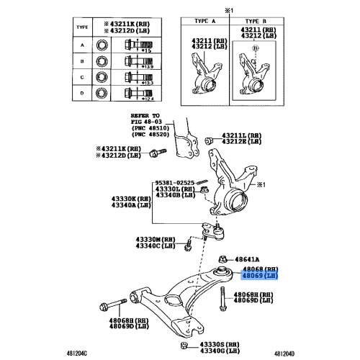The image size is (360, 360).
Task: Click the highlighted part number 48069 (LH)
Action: pos(259,275)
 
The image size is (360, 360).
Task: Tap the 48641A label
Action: pos(248,258)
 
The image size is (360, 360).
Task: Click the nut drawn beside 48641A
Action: pos(223,258)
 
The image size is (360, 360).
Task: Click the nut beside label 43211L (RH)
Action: pos(209,139)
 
